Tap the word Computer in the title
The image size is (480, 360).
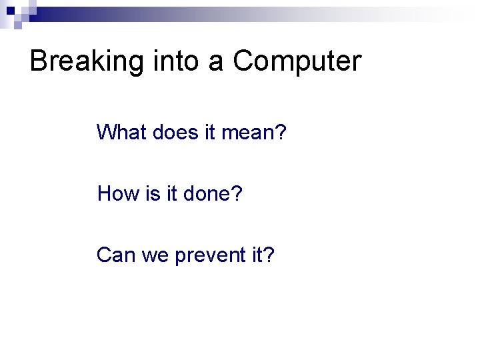pyautogui.click(x=297, y=62)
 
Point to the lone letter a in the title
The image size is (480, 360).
pyautogui.click(x=215, y=63)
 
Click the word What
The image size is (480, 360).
pyautogui.click(x=121, y=132)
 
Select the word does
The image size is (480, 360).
pyautogui.click(x=175, y=132)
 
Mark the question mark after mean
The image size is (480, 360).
pyautogui.click(x=281, y=132)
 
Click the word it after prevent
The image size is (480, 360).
pyautogui.click(x=258, y=255)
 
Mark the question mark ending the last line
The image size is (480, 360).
pyautogui.click(x=269, y=255)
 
